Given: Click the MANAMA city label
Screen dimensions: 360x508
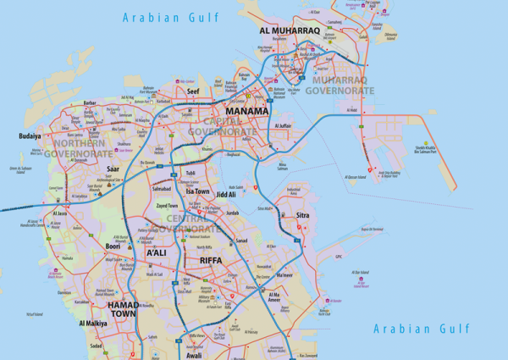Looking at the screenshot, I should pos(246,112).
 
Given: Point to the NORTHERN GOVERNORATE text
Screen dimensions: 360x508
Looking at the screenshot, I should pos(78,149).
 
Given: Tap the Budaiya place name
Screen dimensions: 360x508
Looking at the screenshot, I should pos(30,136).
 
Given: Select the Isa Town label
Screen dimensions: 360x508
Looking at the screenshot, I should pos(197,191).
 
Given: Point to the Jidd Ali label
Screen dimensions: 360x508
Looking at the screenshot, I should pos(226,194).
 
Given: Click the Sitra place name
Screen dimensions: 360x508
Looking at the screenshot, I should pos(301,217).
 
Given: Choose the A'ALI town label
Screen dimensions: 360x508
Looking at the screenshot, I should pos(157,252).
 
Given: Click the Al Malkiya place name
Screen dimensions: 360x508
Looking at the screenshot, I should pos(92,324).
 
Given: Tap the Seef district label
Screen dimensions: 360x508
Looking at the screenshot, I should pos(193,91).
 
